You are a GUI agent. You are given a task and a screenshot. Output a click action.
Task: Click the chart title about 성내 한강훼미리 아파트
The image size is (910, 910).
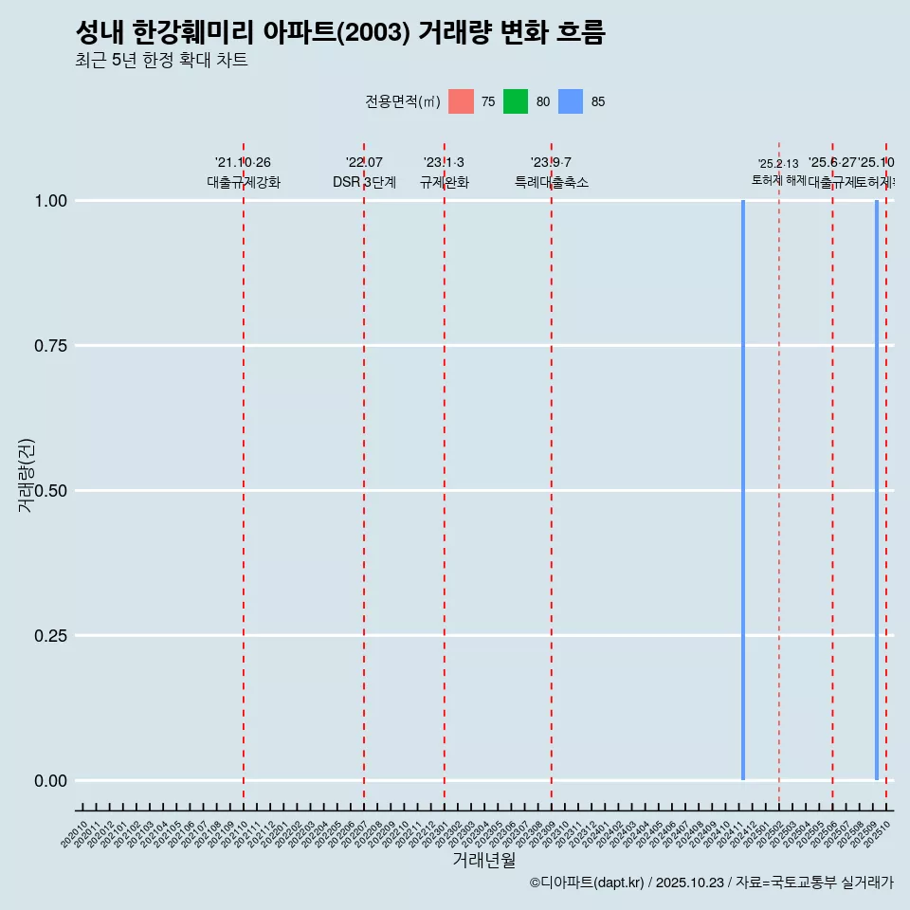click(339, 33)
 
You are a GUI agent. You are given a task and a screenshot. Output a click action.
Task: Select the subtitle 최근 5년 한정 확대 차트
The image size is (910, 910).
click(161, 61)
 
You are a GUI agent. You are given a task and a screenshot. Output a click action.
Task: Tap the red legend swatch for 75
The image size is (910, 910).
click(461, 101)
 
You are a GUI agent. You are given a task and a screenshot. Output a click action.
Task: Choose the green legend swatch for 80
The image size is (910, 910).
click(516, 101)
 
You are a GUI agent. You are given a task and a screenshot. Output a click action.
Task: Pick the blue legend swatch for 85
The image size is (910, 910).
click(571, 101)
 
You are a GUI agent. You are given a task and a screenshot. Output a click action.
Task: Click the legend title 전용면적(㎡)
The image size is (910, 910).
click(402, 101)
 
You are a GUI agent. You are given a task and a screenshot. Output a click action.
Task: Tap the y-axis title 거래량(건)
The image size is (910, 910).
click(26, 476)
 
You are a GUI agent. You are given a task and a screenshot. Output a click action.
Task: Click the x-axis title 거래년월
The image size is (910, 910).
click(483, 860)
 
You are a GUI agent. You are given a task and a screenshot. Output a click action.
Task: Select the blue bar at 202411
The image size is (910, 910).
click(743, 490)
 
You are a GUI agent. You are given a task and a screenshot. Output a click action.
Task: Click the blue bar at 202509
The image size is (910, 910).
click(877, 490)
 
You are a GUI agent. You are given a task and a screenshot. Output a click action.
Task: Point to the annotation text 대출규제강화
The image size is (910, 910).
click(244, 182)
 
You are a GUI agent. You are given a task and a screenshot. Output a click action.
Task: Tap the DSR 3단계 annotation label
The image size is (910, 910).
click(364, 182)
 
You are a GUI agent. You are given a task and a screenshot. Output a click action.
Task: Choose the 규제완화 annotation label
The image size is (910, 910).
click(445, 182)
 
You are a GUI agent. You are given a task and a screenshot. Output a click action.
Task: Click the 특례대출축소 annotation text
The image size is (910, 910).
click(552, 182)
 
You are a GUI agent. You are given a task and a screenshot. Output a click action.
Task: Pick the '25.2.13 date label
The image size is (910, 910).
click(778, 164)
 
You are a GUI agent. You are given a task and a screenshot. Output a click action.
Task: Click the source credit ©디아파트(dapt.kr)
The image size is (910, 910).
click(587, 883)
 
